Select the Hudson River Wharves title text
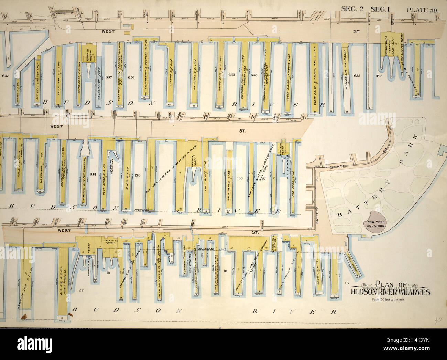point(390,292)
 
